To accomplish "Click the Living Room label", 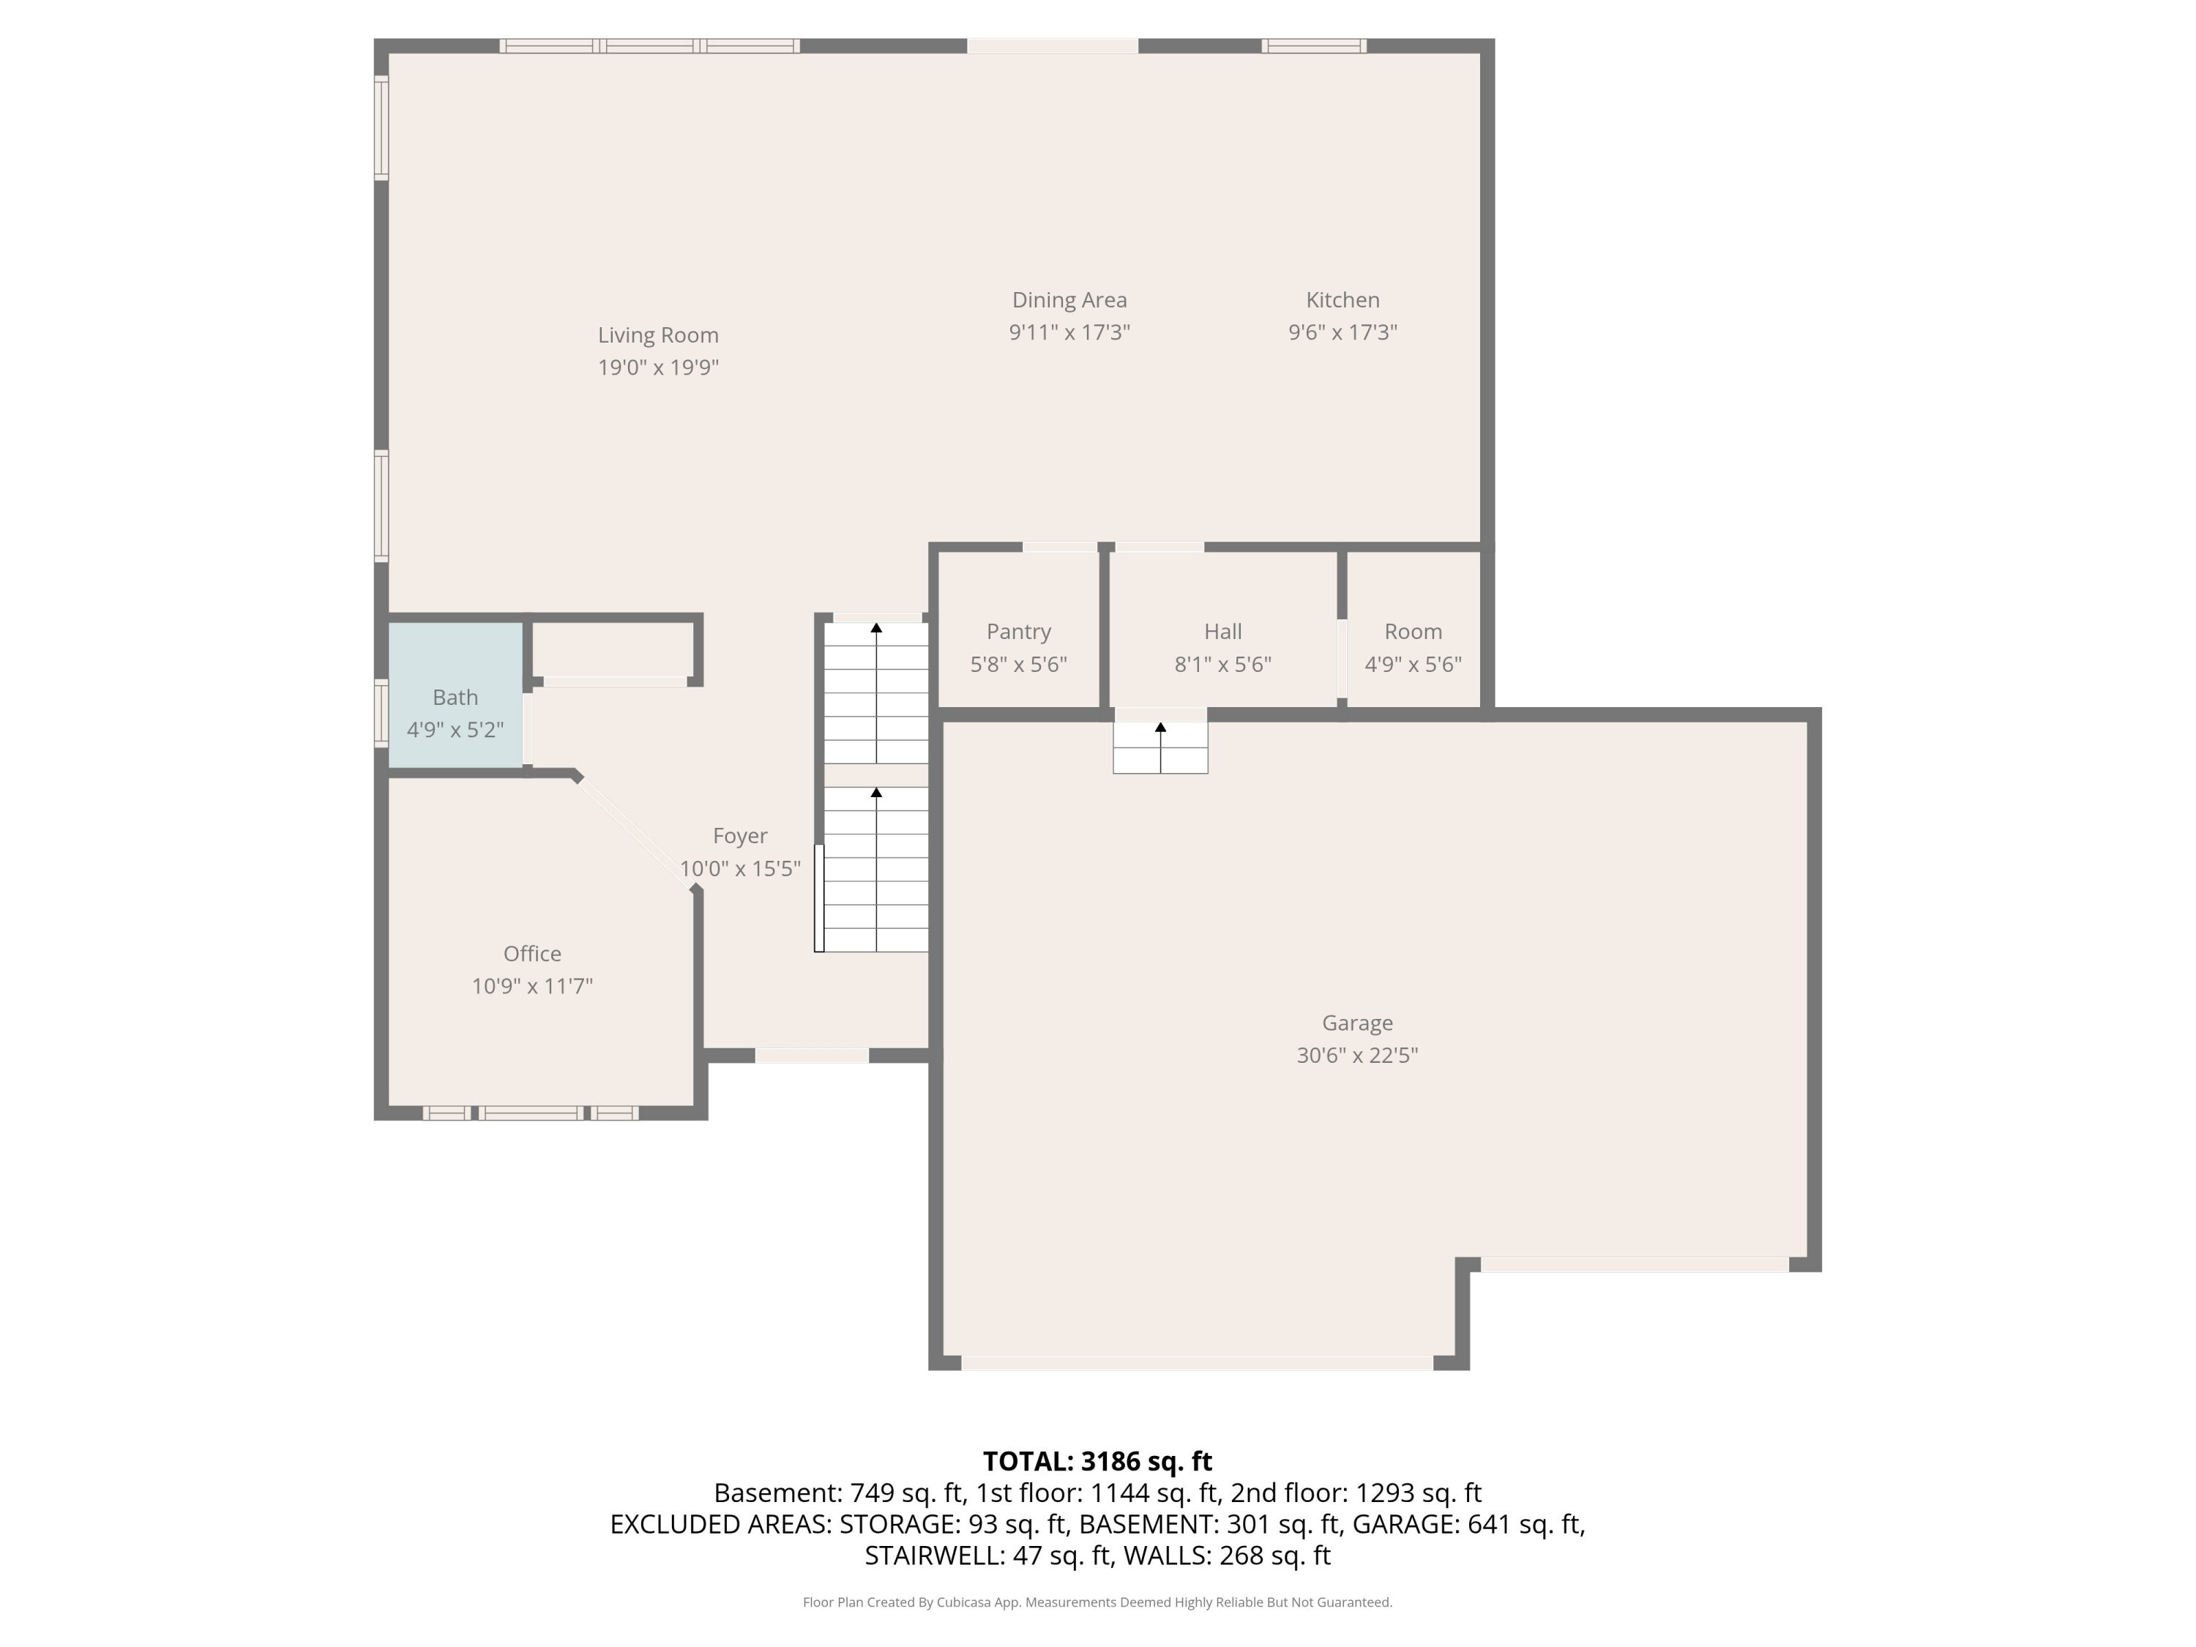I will click(x=657, y=335).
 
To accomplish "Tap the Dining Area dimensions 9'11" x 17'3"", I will click(x=1069, y=332).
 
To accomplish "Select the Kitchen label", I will click(x=1342, y=300).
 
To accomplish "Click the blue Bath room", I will click(x=455, y=695).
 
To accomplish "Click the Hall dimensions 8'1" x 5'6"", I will click(x=1222, y=664).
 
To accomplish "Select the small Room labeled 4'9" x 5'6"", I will click(x=1413, y=646).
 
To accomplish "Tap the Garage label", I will click(x=1356, y=1023).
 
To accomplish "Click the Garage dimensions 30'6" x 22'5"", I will click(x=1356, y=1056).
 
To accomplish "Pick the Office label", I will click(x=532, y=953).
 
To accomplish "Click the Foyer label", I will click(x=739, y=836).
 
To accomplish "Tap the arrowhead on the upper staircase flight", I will click(x=875, y=628).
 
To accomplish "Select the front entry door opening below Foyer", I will click(x=811, y=1056).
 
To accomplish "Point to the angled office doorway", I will click(x=636, y=832).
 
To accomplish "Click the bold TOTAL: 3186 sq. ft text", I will click(x=1097, y=1461).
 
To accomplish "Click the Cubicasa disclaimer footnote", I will click(x=1097, y=1602).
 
